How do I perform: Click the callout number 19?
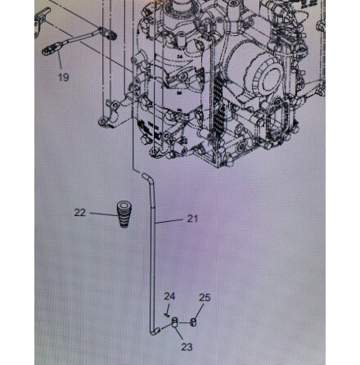(64, 77)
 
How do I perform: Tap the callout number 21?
(192, 219)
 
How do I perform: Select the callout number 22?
(80, 212)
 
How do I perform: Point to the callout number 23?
(187, 347)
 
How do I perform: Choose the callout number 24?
(169, 296)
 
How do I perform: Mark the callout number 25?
(205, 297)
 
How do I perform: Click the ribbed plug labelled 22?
(124, 214)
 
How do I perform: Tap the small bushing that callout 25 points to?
(193, 322)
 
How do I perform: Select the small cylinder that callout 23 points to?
(175, 322)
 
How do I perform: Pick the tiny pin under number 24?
(165, 315)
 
